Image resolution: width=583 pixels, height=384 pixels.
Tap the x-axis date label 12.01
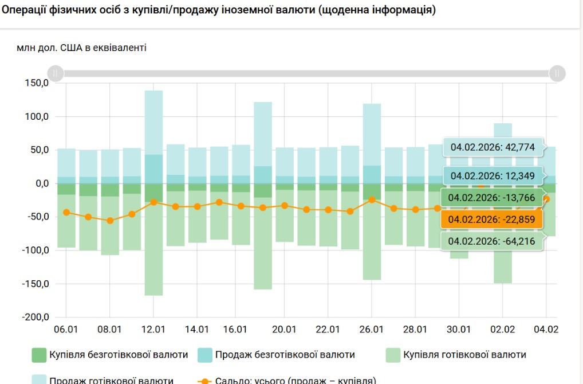pos(153,330)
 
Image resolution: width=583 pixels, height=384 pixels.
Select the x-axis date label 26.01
pos(372,330)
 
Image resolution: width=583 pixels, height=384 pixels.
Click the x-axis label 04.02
pos(546,330)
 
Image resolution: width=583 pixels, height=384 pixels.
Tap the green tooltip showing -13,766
pos(491,198)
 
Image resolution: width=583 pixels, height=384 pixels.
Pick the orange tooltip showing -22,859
pos(491,218)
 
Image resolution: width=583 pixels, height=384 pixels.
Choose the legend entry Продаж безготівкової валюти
pos(276,355)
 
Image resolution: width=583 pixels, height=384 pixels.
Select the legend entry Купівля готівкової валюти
pos(456,355)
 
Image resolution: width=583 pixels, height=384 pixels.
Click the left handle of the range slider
pos(56,73)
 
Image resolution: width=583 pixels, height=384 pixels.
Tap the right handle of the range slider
pos(557,73)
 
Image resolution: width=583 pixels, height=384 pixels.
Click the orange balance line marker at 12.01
pos(153,202)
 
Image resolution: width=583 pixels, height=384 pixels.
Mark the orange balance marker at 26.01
pos(372,200)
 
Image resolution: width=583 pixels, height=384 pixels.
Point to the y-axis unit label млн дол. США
pos(81,48)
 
